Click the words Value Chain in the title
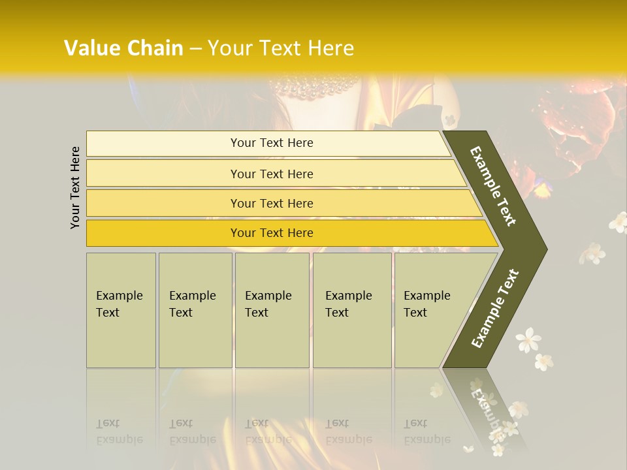tap(123, 48)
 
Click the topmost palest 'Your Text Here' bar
tap(271, 143)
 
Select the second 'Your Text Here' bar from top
tap(271, 174)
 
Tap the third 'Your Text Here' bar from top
tap(271, 203)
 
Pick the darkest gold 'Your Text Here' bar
tap(271, 233)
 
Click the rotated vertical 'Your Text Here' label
tap(75, 188)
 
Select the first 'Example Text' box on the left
tap(121, 309)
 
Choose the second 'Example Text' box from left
tap(195, 309)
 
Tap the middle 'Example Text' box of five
tap(272, 309)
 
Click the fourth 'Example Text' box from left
tap(351, 309)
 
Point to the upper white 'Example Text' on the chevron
tap(493, 187)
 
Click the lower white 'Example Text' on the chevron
tap(494, 309)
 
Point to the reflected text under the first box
tap(120, 431)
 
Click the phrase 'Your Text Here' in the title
tap(281, 48)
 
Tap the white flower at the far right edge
tap(618, 222)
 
